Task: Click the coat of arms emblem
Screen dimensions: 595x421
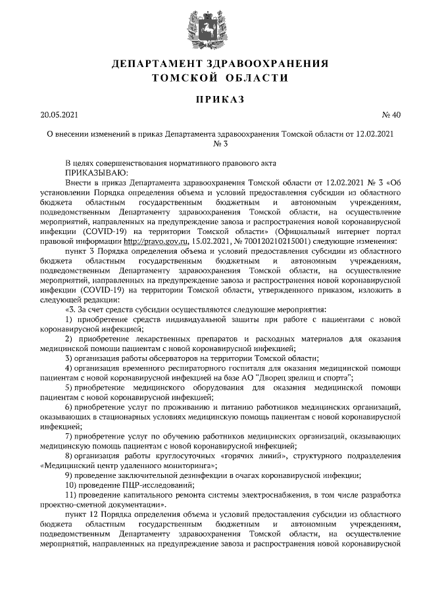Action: tap(210, 30)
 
